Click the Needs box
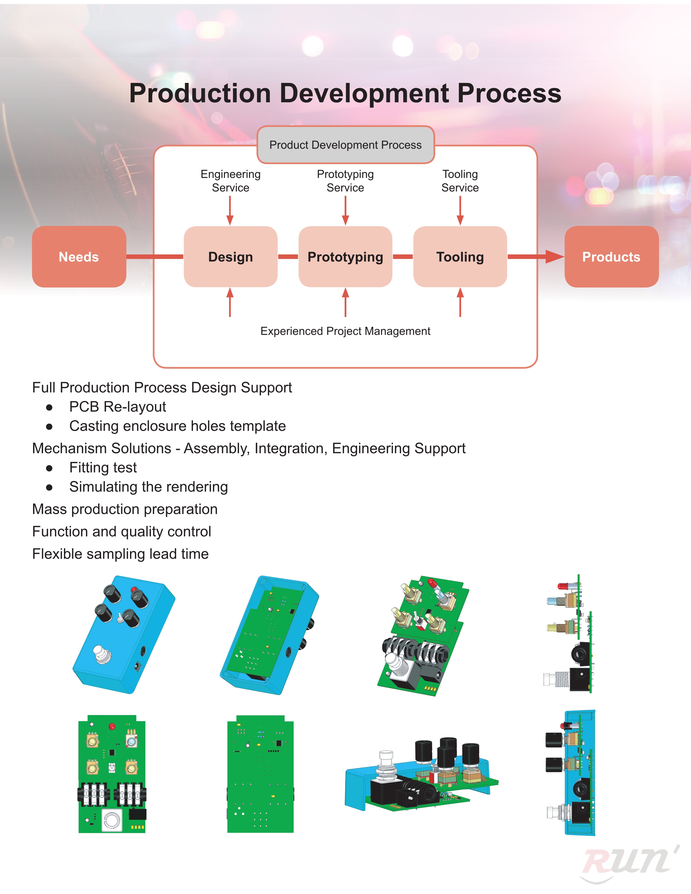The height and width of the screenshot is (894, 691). pos(79,257)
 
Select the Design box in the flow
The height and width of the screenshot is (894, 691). pos(231,257)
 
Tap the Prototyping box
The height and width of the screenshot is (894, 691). pos(345,257)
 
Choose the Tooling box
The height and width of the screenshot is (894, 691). pos(460,257)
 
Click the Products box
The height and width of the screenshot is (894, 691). pos(612,257)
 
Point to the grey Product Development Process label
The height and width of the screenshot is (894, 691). pos(345,145)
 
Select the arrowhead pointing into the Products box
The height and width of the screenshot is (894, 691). pos(555,257)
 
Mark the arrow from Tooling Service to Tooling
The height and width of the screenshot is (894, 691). pos(460,210)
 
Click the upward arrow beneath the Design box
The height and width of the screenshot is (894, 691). pos(230,302)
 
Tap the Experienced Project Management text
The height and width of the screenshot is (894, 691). pos(345,331)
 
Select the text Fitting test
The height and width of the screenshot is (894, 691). pos(103,468)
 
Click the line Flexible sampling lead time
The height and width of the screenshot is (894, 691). pos(120,554)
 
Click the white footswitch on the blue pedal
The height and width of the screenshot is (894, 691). pos(102,653)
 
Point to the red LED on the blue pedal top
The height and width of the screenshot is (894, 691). pos(134,590)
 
